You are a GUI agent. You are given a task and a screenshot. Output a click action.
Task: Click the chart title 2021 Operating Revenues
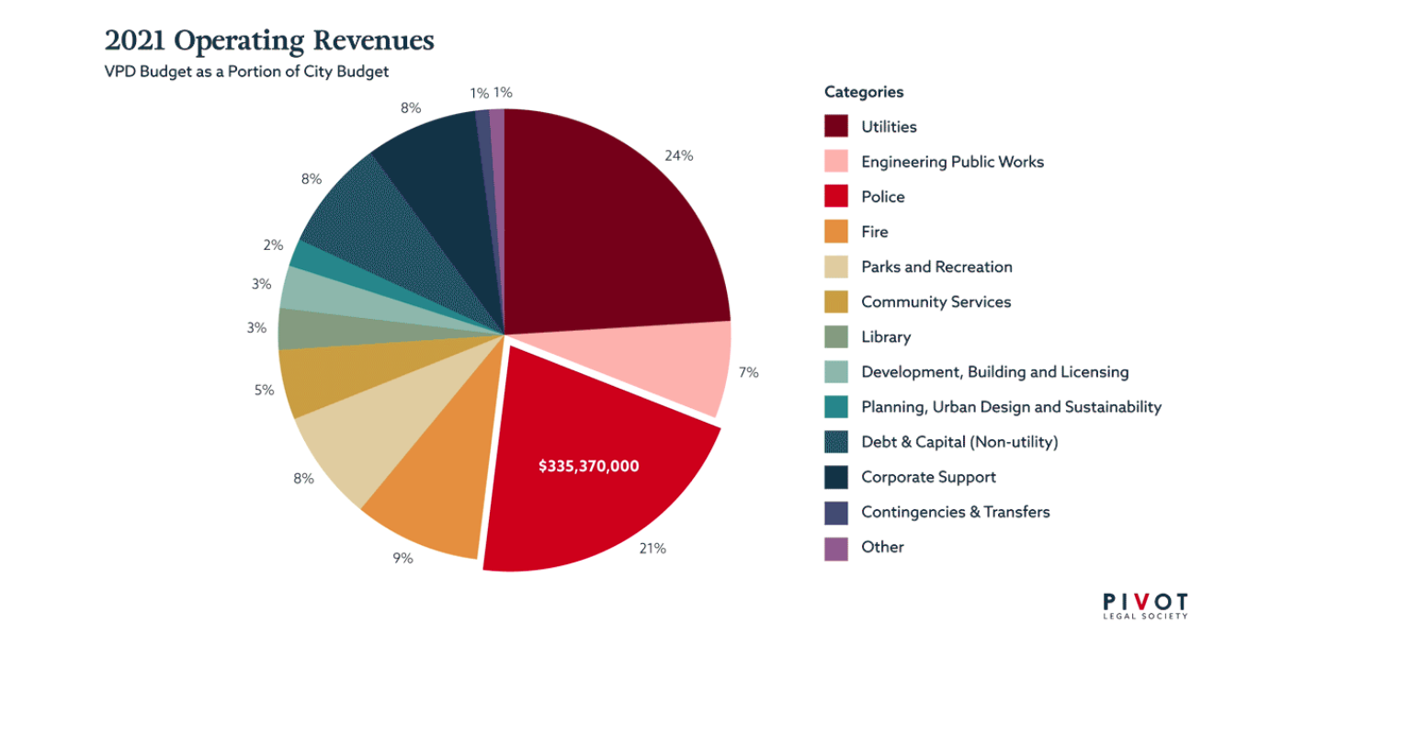(x=268, y=41)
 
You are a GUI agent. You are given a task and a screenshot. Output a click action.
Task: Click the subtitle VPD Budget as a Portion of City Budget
(x=246, y=72)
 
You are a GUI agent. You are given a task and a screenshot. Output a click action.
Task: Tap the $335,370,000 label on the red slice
(x=588, y=466)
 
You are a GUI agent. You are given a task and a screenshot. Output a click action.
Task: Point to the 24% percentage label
(x=678, y=156)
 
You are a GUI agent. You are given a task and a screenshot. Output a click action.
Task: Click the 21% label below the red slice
(x=652, y=549)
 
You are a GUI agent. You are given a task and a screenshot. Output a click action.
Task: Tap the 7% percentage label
(x=748, y=372)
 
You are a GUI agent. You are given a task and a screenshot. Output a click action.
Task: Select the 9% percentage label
(x=403, y=558)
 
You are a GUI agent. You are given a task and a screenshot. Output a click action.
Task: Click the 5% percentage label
(x=264, y=390)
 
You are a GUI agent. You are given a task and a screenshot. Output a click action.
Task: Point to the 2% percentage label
(x=273, y=245)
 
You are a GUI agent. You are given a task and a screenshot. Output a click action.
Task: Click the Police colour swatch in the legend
(x=835, y=197)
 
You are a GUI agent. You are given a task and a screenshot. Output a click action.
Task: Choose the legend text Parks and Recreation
(x=935, y=267)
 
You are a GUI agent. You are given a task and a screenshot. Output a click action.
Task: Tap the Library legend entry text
(x=885, y=337)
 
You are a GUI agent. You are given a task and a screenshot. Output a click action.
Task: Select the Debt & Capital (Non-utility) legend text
(x=958, y=442)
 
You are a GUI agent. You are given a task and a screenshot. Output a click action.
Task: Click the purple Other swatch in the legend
(x=835, y=548)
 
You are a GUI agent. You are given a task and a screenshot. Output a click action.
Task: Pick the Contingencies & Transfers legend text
(x=955, y=512)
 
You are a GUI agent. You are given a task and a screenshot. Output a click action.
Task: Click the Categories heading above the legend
(x=863, y=92)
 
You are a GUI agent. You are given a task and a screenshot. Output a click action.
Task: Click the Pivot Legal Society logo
(x=1145, y=606)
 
